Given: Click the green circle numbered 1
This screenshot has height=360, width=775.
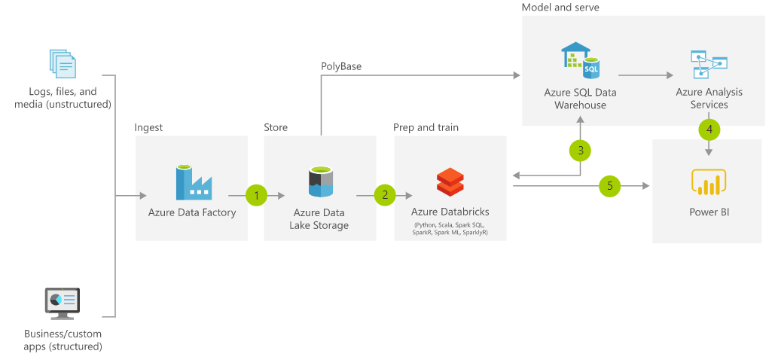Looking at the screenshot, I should pos(257,195).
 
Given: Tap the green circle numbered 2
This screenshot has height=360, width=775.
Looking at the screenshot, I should pos(385,195).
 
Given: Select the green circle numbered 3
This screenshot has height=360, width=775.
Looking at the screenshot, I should pos(580,150).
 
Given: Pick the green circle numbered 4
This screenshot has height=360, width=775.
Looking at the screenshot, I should pos(709,129).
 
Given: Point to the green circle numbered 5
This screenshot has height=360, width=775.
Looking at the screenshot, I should pos(610,185).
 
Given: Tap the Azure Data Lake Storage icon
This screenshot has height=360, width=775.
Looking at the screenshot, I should pos(320,183).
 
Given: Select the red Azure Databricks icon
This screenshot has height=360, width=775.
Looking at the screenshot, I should pos(450,182).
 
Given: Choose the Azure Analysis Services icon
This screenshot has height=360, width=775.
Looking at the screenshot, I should pos(709,65).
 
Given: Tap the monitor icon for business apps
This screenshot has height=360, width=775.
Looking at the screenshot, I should pos(63,304).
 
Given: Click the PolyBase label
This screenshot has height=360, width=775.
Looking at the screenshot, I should pos(341,66).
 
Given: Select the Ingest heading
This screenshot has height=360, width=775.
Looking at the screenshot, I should pos(148,127).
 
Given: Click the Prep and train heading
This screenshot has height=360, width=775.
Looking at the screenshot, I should pos(426,127).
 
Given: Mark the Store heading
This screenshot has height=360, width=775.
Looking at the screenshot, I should pos(276,127).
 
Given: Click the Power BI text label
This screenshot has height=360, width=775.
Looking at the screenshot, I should pos(709,212).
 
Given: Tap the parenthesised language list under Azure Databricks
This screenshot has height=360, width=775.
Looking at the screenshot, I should pos(450,229).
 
